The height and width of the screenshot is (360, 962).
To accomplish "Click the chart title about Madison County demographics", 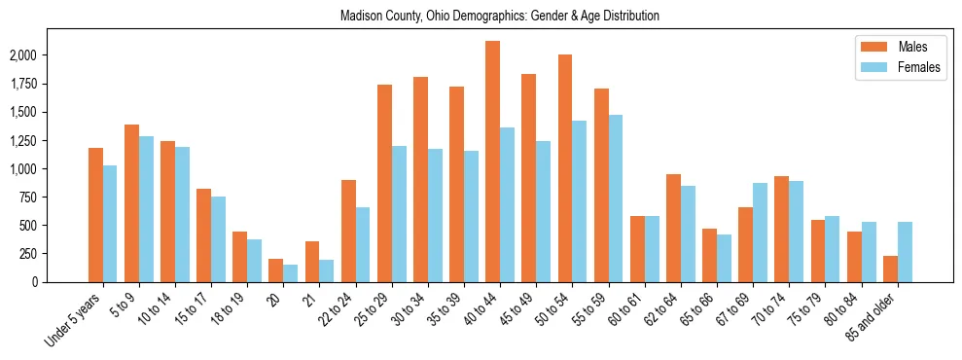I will [x=500, y=17].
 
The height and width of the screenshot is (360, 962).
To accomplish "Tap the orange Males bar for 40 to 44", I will [x=492, y=162].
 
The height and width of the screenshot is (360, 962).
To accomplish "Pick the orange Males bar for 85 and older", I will [x=890, y=269].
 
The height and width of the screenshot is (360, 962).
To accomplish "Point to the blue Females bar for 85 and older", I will [x=905, y=252].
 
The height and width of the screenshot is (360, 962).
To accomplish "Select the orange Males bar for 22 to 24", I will [x=348, y=231].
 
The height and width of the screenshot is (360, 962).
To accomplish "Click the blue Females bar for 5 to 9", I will [x=146, y=209].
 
